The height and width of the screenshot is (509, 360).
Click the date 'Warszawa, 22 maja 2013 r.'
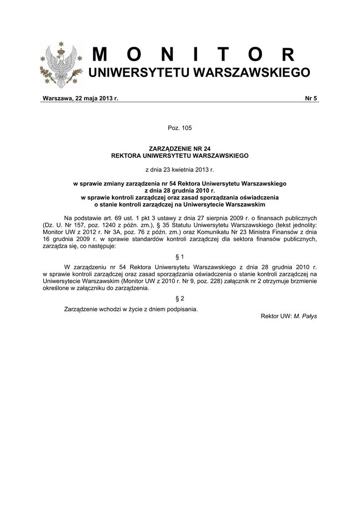pos(81,98)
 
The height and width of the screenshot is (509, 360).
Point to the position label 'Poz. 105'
pos(180,128)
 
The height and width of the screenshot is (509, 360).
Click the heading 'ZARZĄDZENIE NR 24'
pos(180,149)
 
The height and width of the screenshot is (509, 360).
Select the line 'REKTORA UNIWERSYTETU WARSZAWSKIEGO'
pos(180,156)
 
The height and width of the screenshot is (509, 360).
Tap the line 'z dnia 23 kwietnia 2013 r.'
pos(180,170)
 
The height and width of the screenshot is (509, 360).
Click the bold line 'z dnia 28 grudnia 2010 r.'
pos(180,190)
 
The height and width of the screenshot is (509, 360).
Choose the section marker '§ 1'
pos(180,256)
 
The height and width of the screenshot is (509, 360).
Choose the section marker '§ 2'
pos(180,298)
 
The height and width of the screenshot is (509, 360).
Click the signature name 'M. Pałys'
pos(305,316)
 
